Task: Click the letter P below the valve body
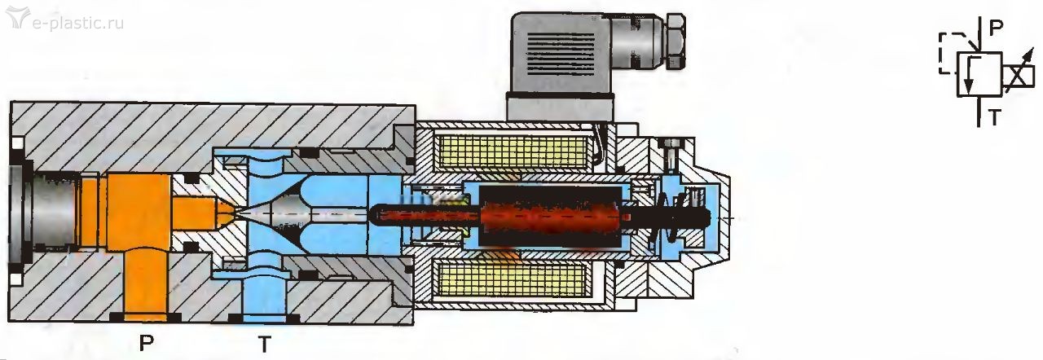click(146, 343)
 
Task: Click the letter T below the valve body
click(265, 344)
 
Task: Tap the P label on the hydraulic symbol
click(996, 29)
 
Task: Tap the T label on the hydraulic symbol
click(995, 117)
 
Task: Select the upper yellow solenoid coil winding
click(511, 153)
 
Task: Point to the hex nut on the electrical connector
click(676, 41)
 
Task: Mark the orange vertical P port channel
click(145, 284)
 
